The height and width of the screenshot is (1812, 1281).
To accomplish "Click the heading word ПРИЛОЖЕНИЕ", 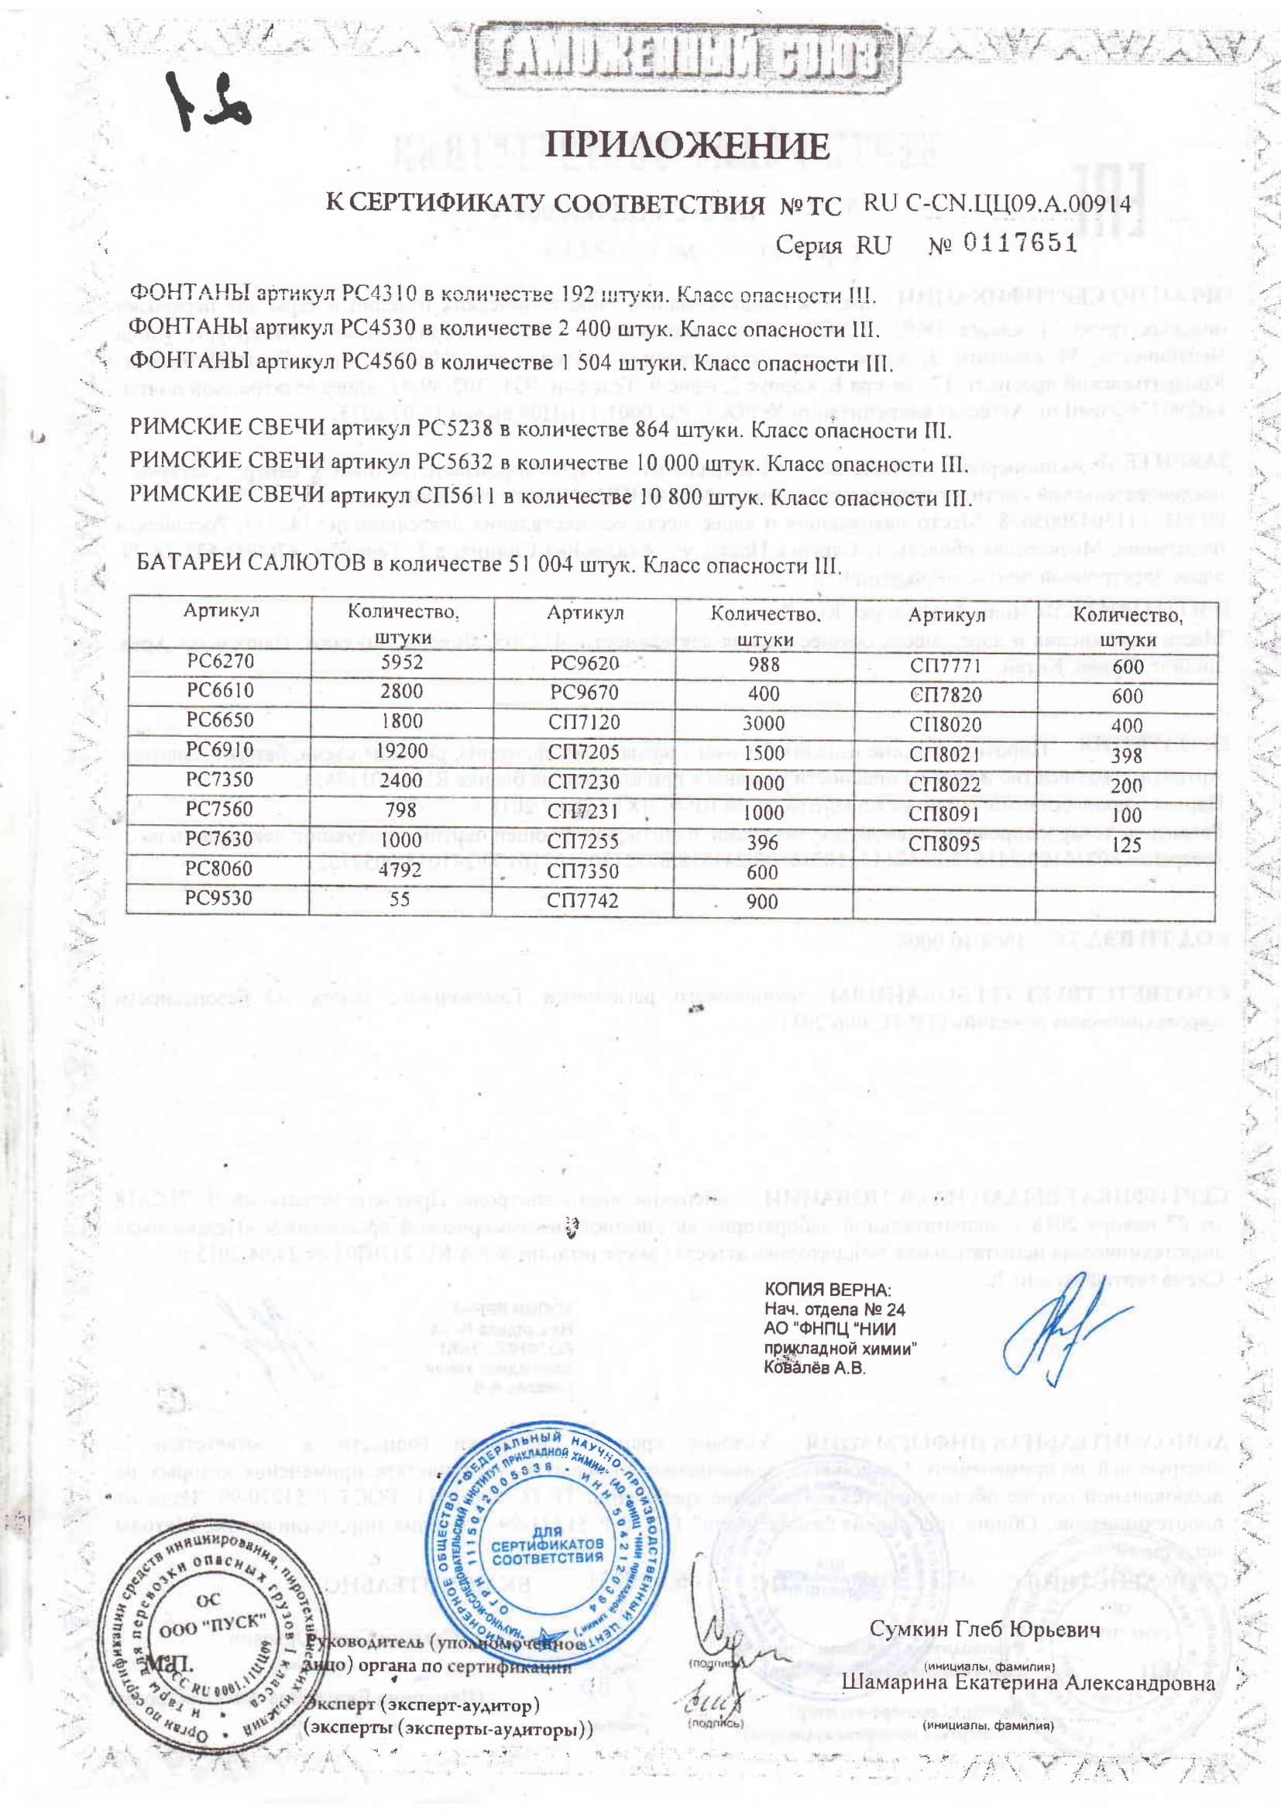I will pyautogui.click(x=687, y=146).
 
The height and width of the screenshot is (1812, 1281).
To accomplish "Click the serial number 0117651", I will pyautogui.click(x=1020, y=242).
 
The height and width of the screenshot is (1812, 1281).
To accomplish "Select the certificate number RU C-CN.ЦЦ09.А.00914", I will pyautogui.click(x=997, y=204).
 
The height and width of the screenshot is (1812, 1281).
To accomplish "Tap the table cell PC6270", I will pyautogui.click(x=220, y=661).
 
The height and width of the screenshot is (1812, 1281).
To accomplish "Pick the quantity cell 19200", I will pyautogui.click(x=402, y=750).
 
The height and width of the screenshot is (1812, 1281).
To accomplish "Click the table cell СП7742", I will pyautogui.click(x=583, y=900).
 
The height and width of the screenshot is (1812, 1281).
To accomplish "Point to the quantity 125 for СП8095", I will pyautogui.click(x=1126, y=844).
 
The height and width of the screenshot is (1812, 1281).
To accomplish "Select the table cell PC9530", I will pyautogui.click(x=219, y=899).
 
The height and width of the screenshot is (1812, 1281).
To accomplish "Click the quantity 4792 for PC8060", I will pyautogui.click(x=401, y=870).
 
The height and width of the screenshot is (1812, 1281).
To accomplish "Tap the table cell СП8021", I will pyautogui.click(x=945, y=755).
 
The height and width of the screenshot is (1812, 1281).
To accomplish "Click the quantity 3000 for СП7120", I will pyautogui.click(x=764, y=723).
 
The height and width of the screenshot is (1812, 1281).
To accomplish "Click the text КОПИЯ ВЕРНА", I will pyautogui.click(x=827, y=1290).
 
